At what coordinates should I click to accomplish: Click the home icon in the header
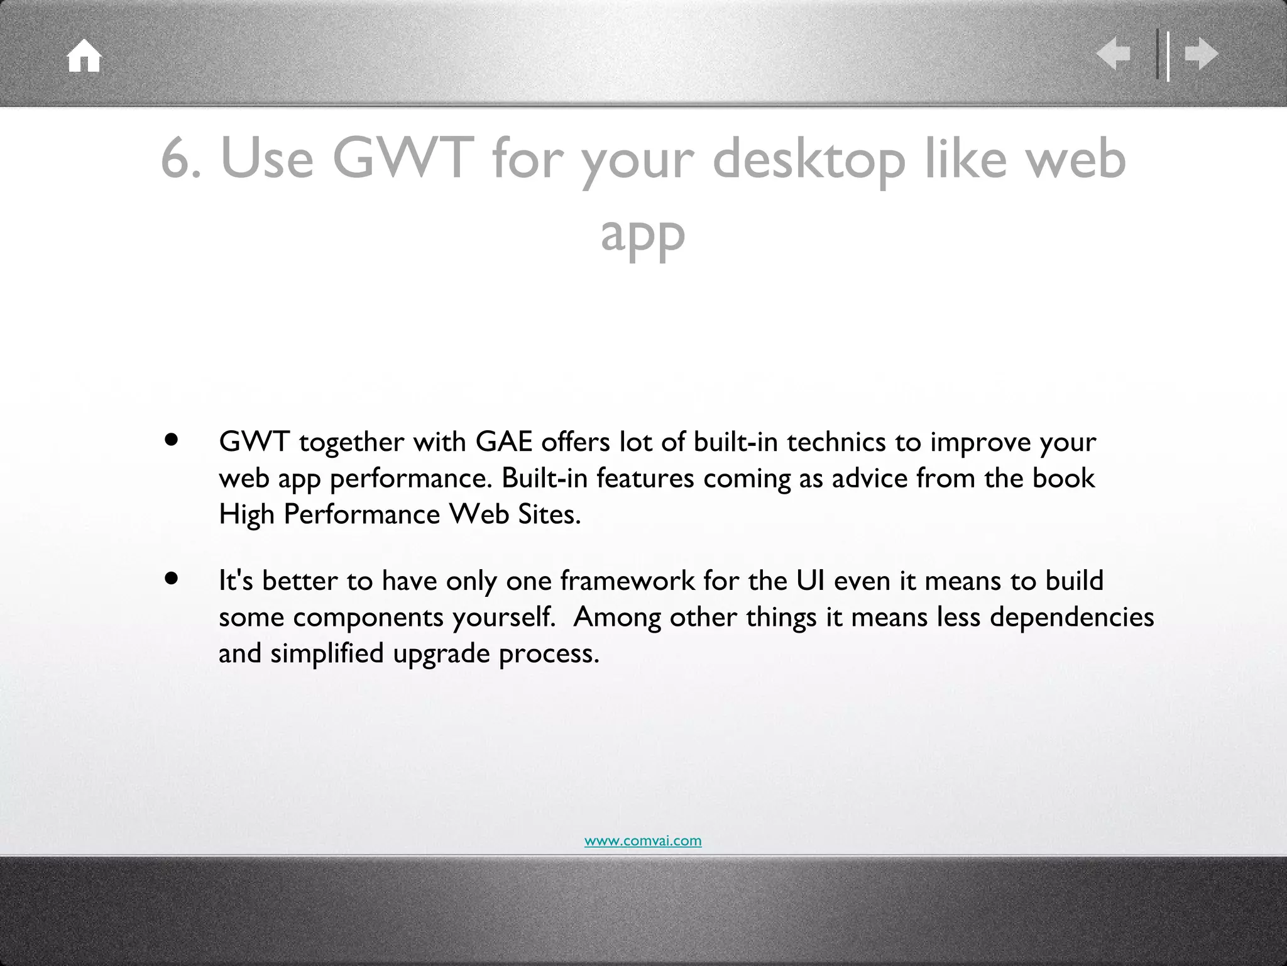pyautogui.click(x=84, y=57)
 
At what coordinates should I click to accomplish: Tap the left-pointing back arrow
pyautogui.click(x=1113, y=55)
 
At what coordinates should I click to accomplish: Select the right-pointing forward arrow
pyautogui.click(x=1202, y=55)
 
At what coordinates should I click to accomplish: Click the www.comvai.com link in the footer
pyautogui.click(x=643, y=841)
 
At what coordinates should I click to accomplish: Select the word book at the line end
pyautogui.click(x=1063, y=478)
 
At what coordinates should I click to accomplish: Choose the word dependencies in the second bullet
pyautogui.click(x=1071, y=618)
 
